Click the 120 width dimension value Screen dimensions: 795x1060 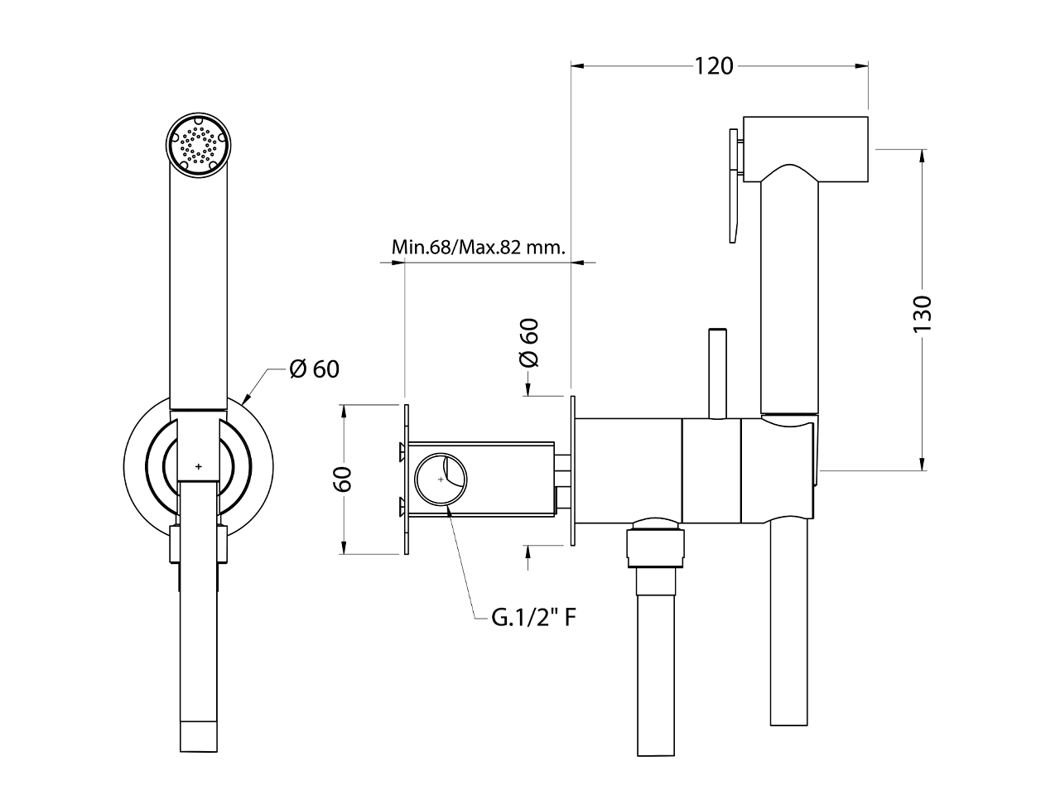[x=714, y=65]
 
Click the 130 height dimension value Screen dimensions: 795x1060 [x=923, y=314]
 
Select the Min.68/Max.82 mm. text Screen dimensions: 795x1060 [x=478, y=247]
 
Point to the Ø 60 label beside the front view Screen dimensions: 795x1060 [x=315, y=369]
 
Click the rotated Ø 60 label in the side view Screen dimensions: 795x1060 [x=528, y=343]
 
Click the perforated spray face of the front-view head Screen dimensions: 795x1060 [x=197, y=145]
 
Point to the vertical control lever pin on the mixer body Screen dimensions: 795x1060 [x=717, y=373]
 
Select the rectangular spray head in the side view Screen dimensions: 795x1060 [x=805, y=149]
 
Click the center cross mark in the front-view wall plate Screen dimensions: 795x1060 [x=198, y=467]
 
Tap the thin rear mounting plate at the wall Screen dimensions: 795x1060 [x=407, y=479]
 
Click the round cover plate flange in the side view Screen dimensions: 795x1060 [x=572, y=470]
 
